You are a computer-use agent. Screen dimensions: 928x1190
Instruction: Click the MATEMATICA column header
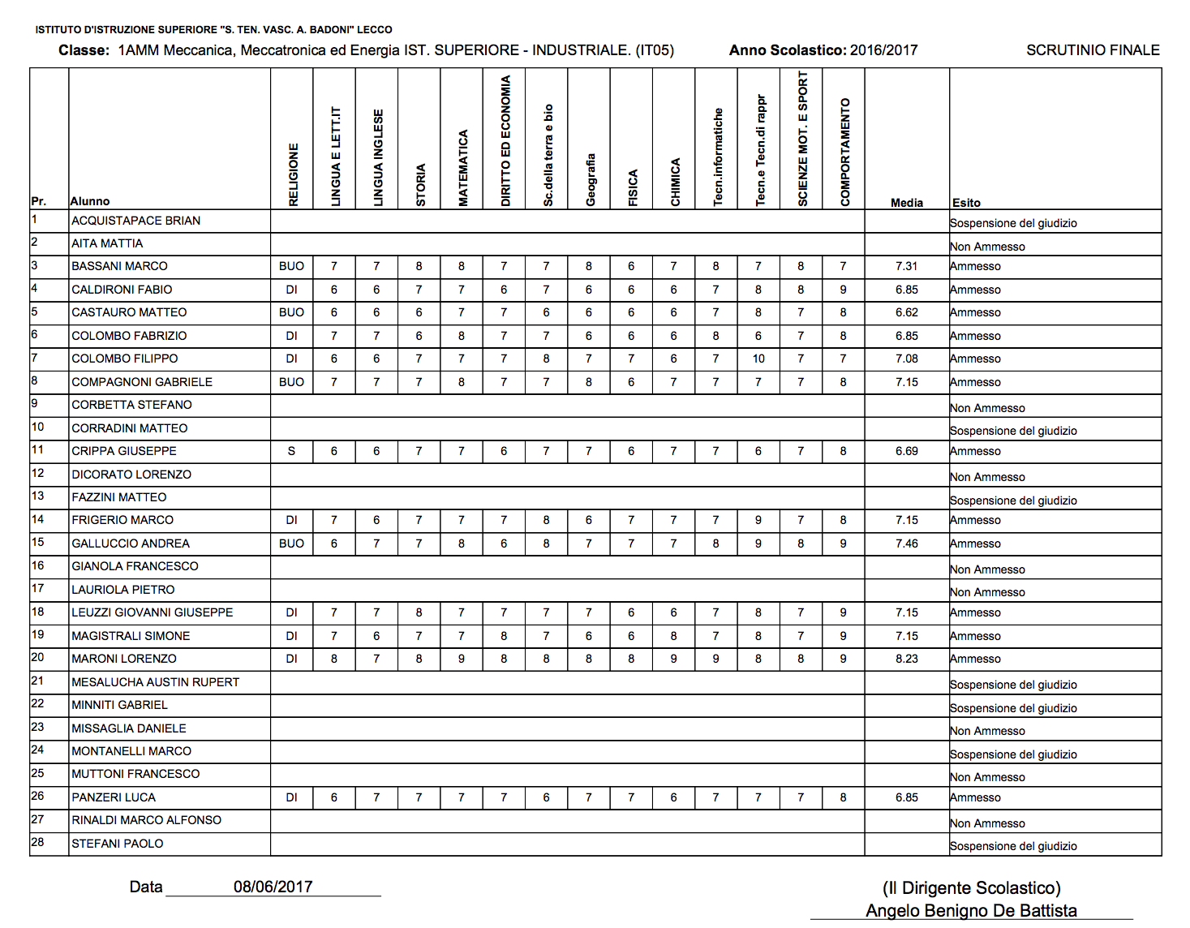click(x=462, y=168)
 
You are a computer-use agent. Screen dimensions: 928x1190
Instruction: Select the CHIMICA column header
click(x=675, y=182)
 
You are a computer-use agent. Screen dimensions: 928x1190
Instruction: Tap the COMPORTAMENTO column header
click(x=844, y=152)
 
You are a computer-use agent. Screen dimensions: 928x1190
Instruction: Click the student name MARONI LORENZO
click(x=124, y=659)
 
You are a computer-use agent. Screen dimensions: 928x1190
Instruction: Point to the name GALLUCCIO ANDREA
click(x=131, y=543)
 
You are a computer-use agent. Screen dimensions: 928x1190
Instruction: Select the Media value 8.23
click(x=906, y=659)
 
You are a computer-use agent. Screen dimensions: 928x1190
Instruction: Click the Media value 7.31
click(x=906, y=266)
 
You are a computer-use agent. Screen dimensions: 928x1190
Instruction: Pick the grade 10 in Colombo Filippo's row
click(x=758, y=359)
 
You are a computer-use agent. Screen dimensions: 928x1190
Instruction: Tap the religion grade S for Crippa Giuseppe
click(x=291, y=451)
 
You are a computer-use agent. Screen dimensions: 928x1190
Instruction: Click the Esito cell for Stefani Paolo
click(x=1013, y=846)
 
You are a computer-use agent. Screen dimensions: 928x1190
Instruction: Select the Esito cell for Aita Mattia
click(x=987, y=247)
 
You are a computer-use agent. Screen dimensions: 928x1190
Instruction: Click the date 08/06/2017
click(x=273, y=887)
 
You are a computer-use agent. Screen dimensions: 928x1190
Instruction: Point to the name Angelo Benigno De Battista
click(x=971, y=911)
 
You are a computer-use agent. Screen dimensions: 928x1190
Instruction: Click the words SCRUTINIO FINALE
click(x=1093, y=50)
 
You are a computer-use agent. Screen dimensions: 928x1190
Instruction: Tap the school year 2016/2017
click(x=883, y=50)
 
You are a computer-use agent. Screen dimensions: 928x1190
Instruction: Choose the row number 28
click(x=37, y=842)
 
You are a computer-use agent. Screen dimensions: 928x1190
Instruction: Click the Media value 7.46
click(x=906, y=543)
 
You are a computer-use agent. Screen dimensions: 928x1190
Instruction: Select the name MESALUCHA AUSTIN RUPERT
click(x=155, y=682)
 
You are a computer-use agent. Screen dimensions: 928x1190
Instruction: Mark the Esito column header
click(x=966, y=203)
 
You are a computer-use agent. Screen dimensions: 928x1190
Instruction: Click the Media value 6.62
click(x=906, y=312)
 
